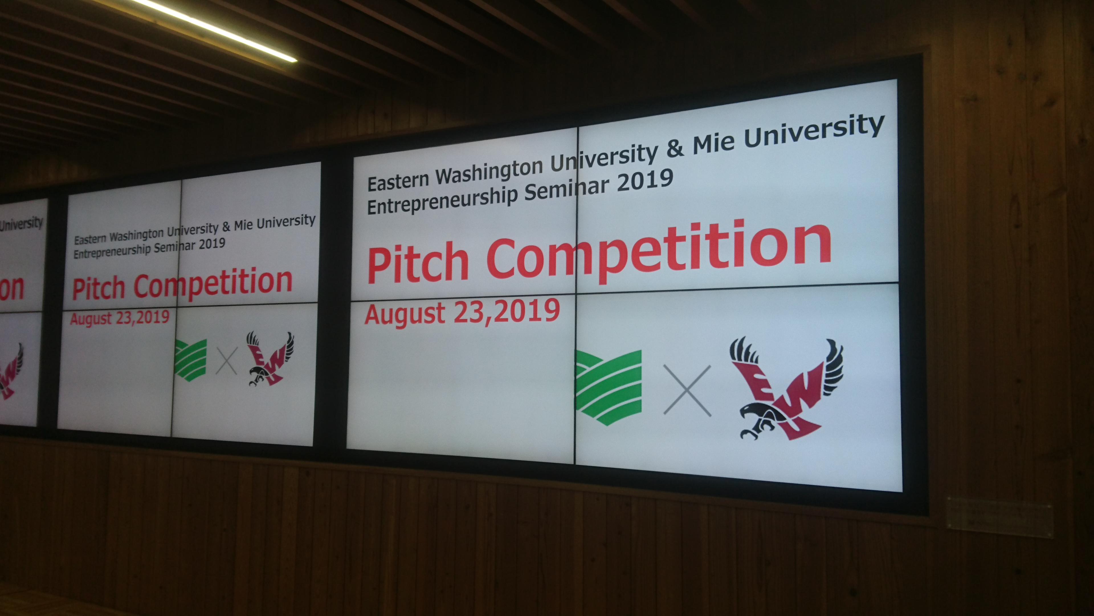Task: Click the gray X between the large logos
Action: (x=687, y=390)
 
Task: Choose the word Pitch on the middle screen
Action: (x=99, y=289)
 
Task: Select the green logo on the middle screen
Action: (x=191, y=359)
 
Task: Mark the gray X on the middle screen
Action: (x=226, y=360)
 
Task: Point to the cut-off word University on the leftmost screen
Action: (x=21, y=223)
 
